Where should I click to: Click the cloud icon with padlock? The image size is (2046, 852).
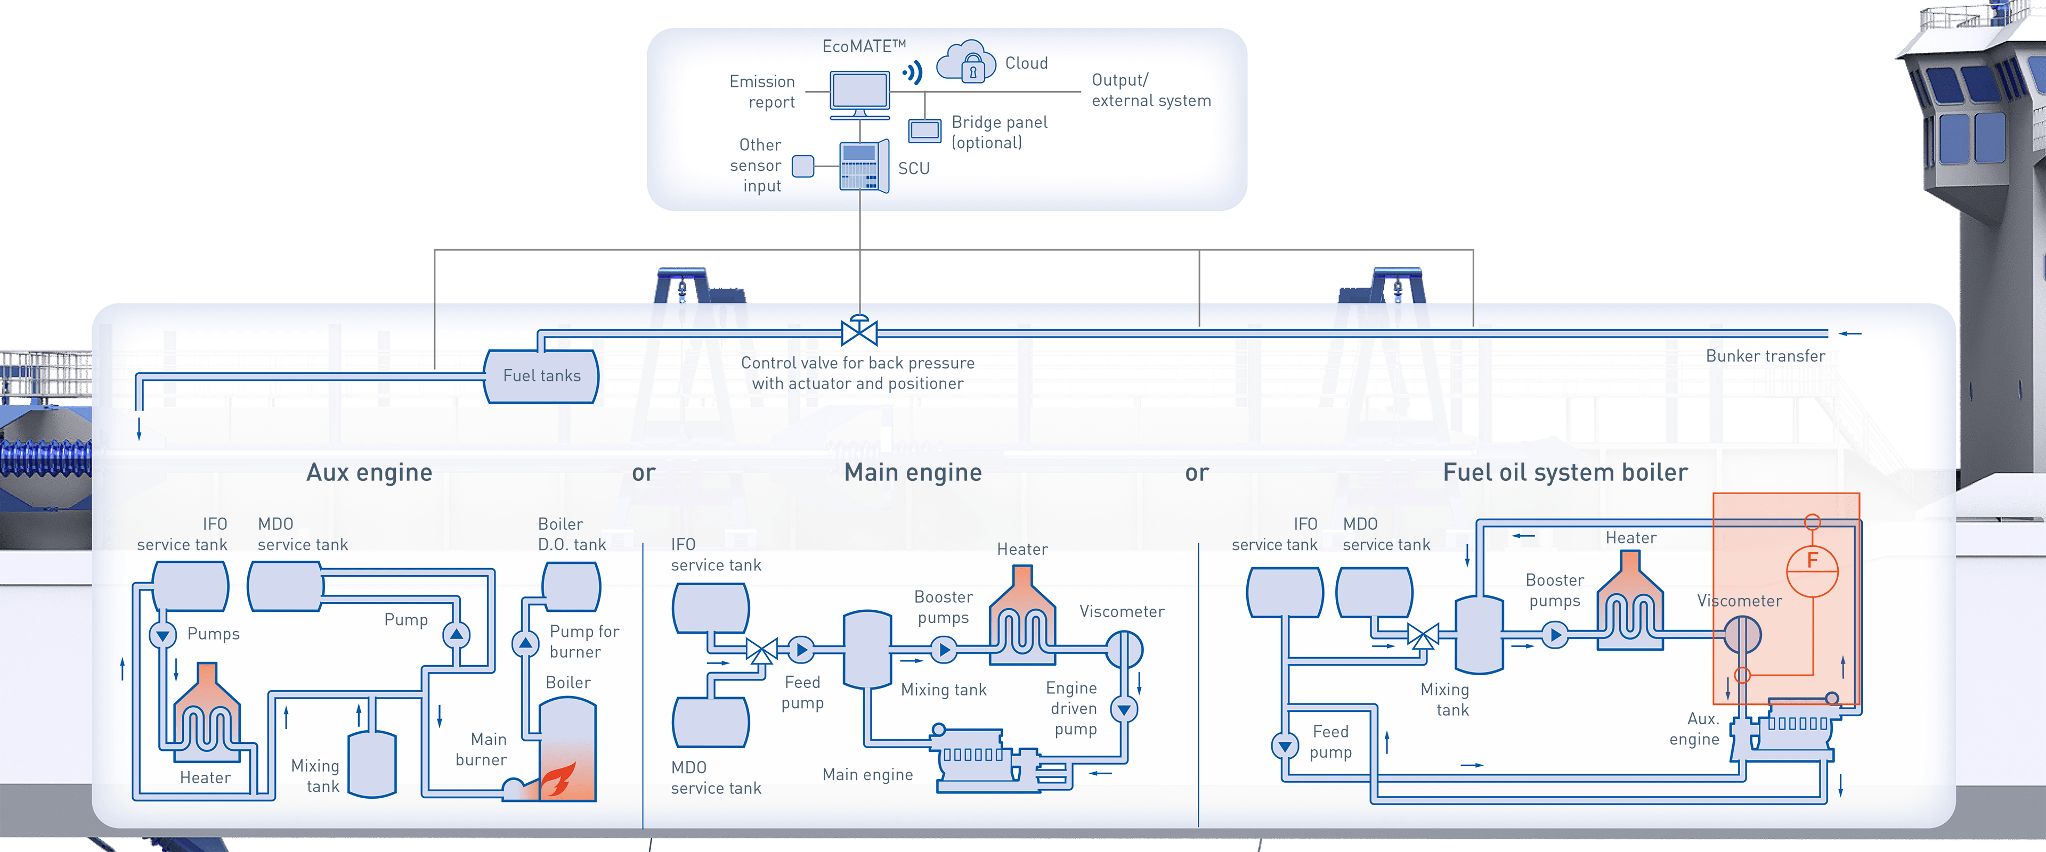pos(967,62)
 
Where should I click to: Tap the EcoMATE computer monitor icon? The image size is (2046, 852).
pos(859,92)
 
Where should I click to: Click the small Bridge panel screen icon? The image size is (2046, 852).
pos(924,130)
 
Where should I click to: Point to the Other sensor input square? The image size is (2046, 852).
pos(803,166)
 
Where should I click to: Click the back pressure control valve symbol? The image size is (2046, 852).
pos(858,331)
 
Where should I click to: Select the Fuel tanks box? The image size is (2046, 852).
pos(542,375)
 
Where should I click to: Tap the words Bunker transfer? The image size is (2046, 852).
pos(1765,356)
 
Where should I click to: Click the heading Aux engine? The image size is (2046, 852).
pos(369,472)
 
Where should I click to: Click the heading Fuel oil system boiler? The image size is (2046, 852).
pos(1565,472)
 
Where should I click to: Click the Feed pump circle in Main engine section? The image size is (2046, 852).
pos(801,650)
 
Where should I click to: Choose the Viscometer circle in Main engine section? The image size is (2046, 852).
pos(1124,650)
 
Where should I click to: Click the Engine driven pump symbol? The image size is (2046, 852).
pos(1124,708)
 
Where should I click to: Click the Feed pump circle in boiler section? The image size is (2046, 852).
pos(1284,745)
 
